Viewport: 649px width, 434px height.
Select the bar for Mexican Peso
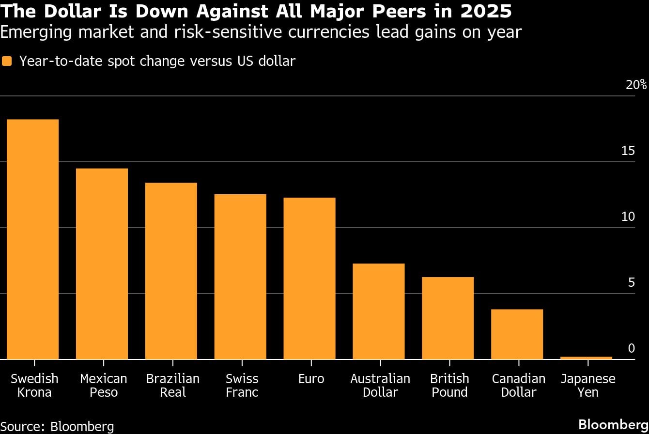click(102, 263)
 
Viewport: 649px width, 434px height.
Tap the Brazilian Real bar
click(171, 271)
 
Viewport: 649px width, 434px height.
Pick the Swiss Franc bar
click(240, 277)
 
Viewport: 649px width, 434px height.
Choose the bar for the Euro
click(309, 278)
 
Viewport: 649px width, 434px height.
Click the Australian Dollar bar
click(379, 311)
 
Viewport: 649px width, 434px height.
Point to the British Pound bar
click(448, 318)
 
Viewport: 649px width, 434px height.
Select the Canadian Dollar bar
click(517, 334)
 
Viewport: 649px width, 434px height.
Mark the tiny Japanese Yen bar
click(587, 358)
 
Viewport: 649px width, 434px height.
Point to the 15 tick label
click(628, 151)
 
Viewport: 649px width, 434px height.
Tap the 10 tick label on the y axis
click(628, 217)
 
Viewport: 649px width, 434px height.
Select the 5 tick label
click(631, 282)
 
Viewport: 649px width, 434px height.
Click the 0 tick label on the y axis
click(631, 348)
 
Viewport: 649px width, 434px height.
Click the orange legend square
click(7, 61)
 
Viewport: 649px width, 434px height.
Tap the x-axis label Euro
click(311, 378)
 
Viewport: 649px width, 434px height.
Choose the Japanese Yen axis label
click(588, 385)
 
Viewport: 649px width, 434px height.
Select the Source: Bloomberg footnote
click(57, 426)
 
